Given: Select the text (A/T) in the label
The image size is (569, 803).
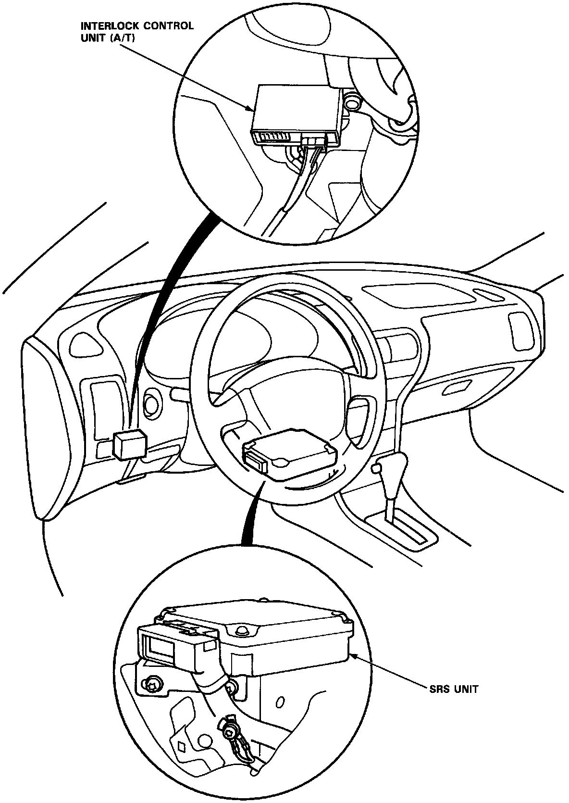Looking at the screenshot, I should tap(123, 38).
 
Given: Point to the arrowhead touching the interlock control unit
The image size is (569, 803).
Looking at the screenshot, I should tap(252, 110).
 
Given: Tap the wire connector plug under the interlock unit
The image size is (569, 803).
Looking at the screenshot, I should tap(313, 142).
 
